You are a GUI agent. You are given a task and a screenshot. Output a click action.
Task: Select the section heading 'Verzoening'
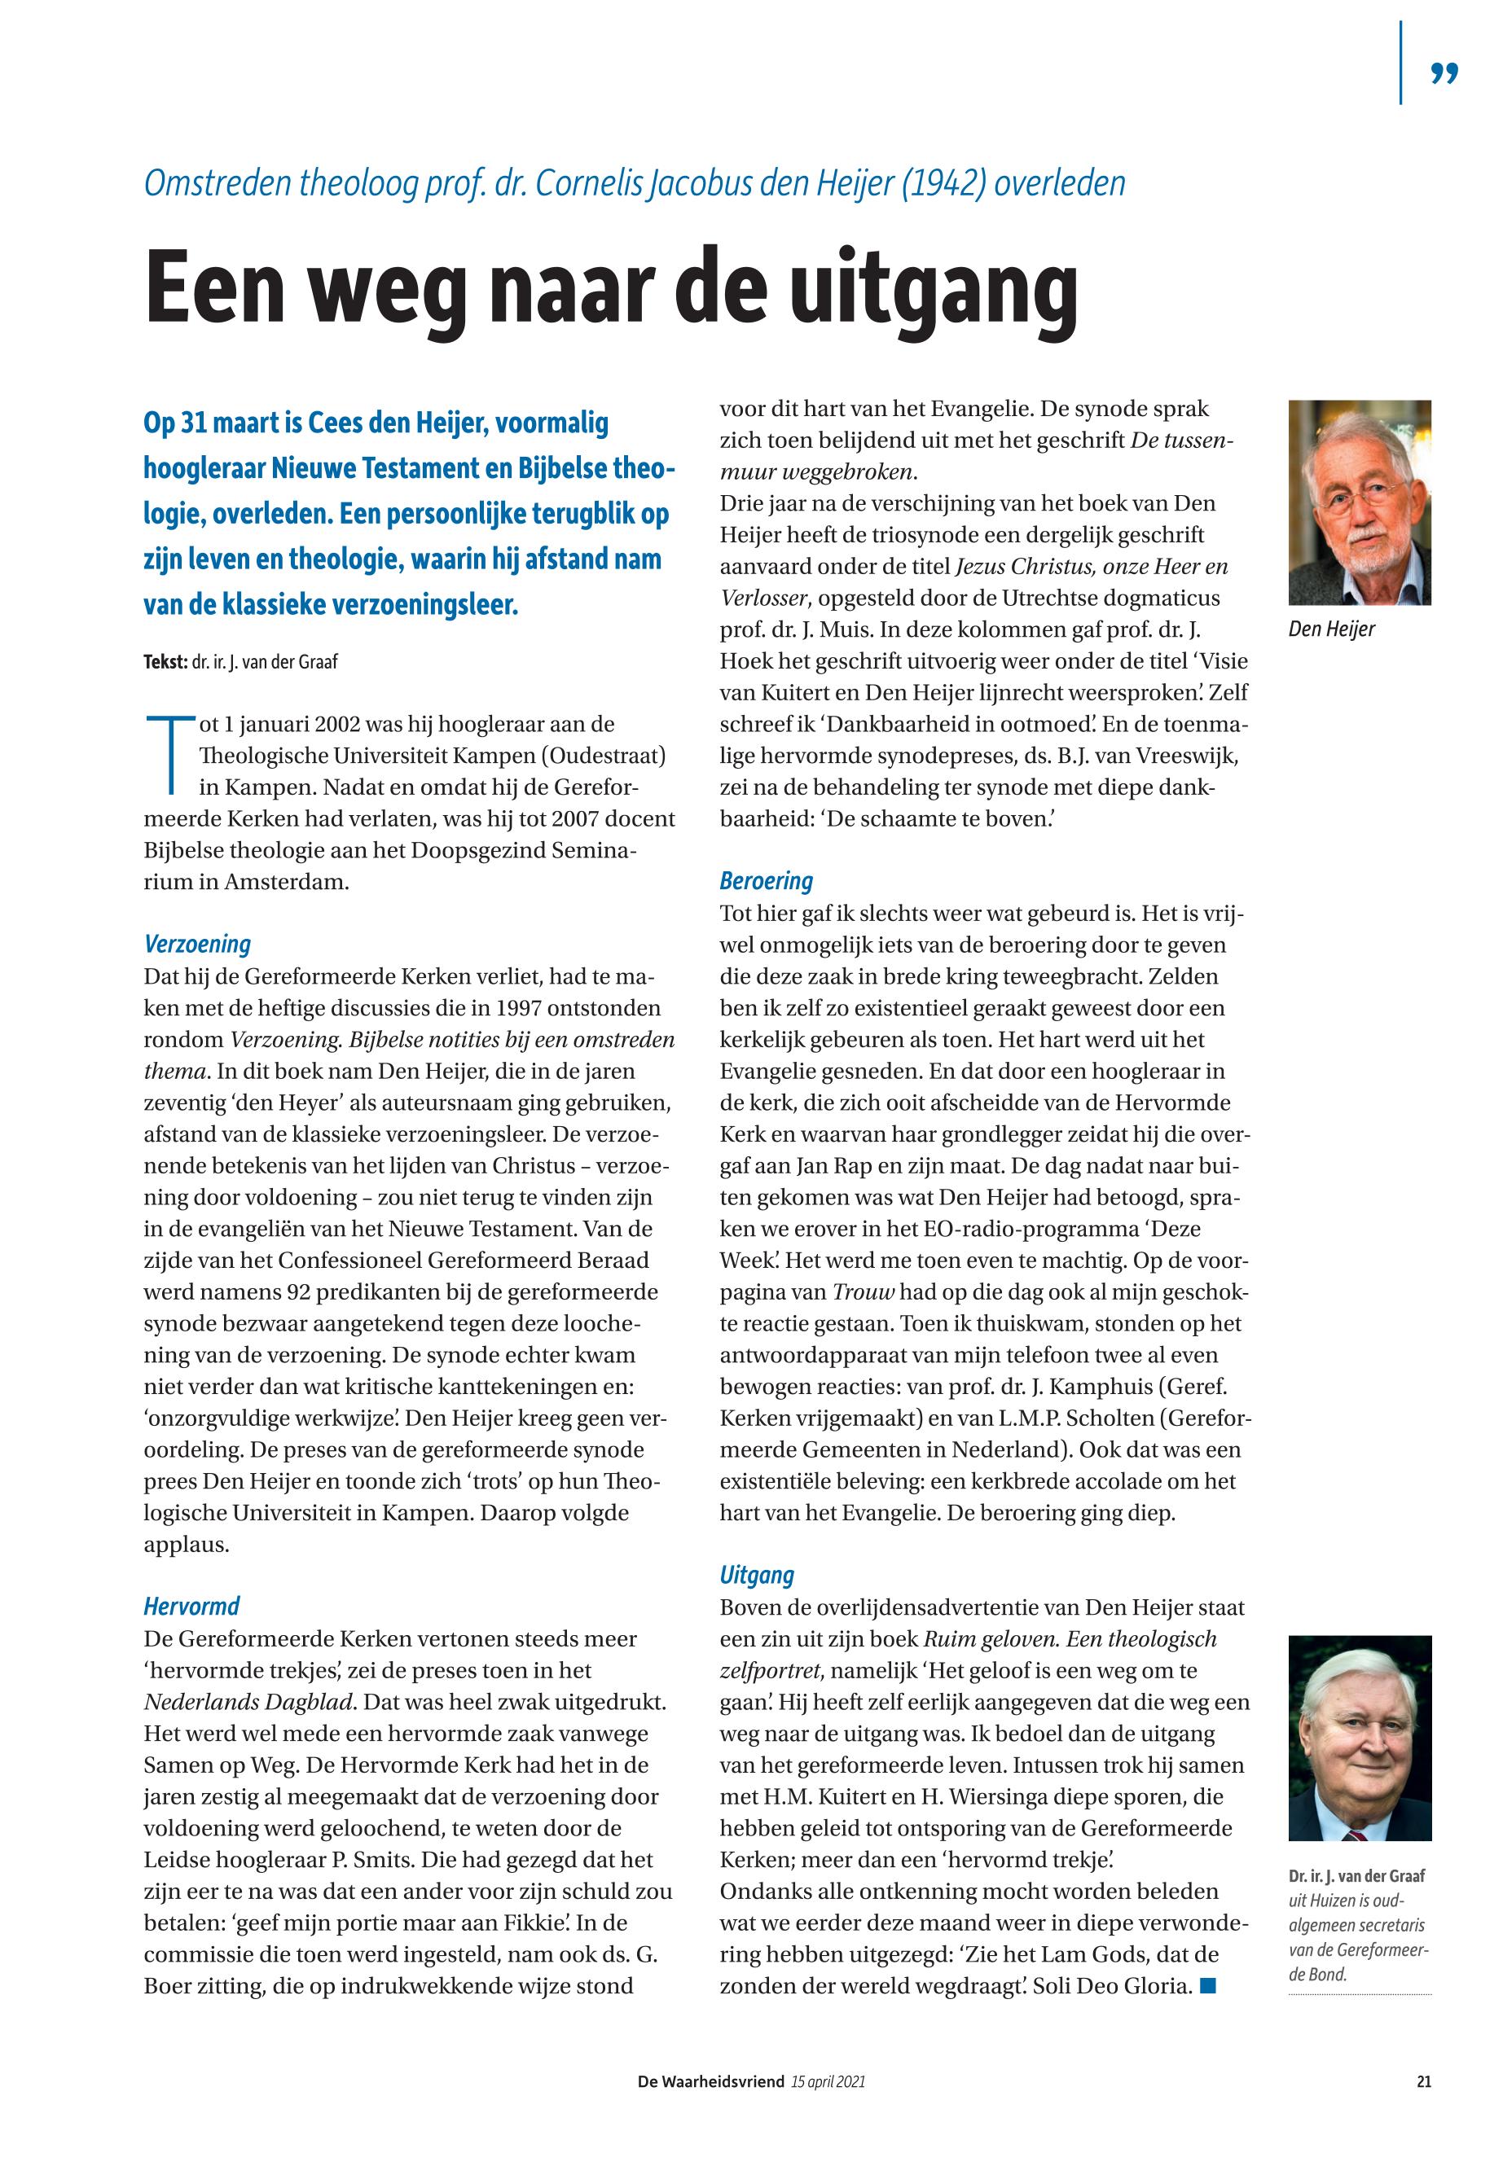pyautogui.click(x=197, y=944)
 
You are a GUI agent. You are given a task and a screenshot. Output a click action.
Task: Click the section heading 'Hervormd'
pyautogui.click(x=191, y=1606)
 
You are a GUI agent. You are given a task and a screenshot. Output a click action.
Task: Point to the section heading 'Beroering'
pyautogui.click(x=766, y=881)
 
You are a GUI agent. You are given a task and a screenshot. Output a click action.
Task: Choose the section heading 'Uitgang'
pyautogui.click(x=756, y=1575)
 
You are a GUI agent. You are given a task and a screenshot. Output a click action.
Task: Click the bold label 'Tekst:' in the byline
pyautogui.click(x=165, y=662)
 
